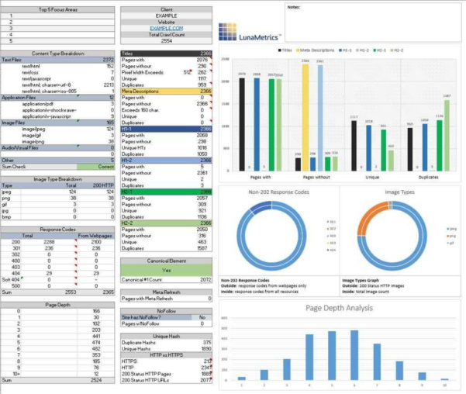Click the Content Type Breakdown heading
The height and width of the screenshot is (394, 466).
57,53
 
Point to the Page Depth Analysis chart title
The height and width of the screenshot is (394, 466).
340,308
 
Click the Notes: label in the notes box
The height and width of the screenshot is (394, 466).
293,7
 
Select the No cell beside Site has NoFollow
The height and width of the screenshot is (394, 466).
202,317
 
